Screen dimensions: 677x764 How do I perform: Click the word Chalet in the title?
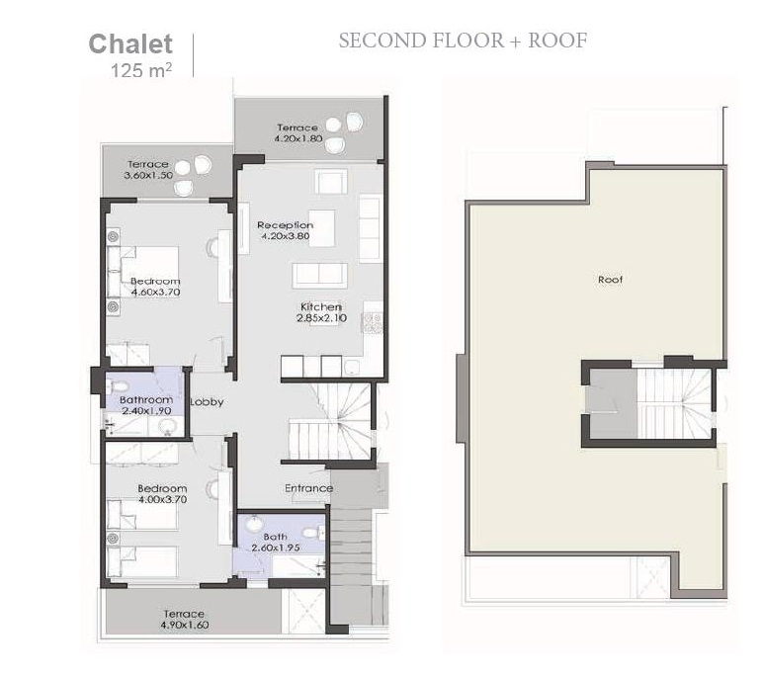click(x=130, y=43)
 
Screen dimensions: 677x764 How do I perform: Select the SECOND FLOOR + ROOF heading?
click(x=463, y=41)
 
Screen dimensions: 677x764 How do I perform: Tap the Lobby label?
click(x=207, y=402)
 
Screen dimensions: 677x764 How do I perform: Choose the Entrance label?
click(x=308, y=488)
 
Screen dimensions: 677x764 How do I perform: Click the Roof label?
click(x=610, y=280)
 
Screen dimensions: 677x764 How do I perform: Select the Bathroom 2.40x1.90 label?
click(x=146, y=406)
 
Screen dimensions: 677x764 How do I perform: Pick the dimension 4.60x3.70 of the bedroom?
click(x=155, y=294)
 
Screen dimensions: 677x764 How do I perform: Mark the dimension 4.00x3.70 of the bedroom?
click(x=162, y=500)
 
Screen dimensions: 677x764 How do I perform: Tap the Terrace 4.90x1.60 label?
click(x=184, y=620)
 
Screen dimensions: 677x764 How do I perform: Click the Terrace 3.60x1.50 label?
click(x=148, y=170)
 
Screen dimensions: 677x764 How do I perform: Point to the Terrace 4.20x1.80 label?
click(x=297, y=133)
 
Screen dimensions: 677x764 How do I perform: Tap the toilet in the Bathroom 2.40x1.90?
click(x=120, y=386)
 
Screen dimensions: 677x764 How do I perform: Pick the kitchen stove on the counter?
click(x=372, y=320)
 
